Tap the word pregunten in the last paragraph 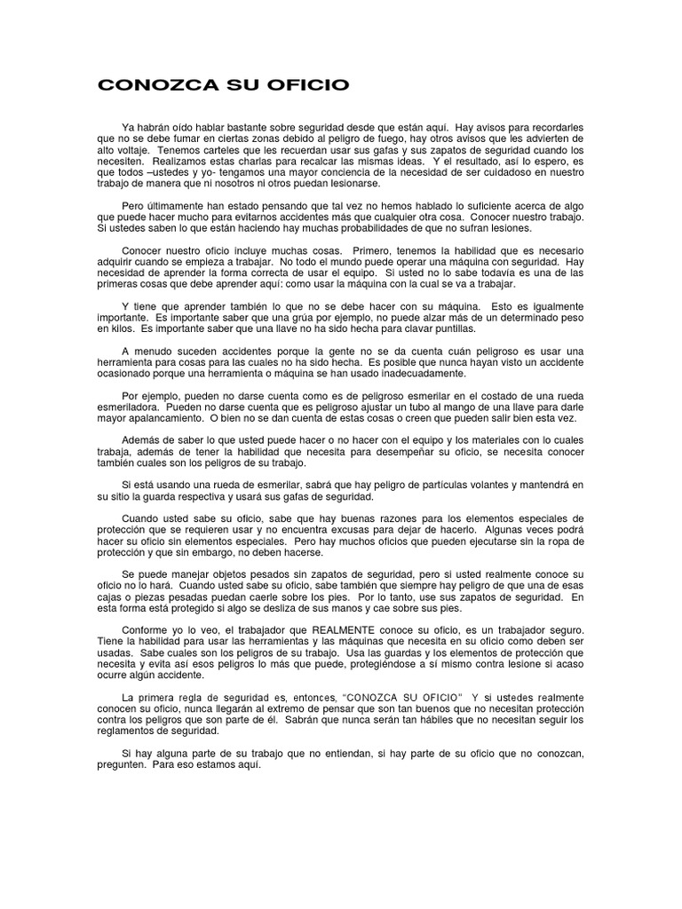tap(124, 764)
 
